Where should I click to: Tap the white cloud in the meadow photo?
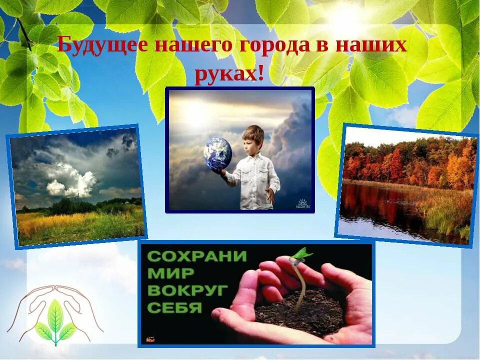[x=72, y=180]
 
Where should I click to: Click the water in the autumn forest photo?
[x=385, y=210]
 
